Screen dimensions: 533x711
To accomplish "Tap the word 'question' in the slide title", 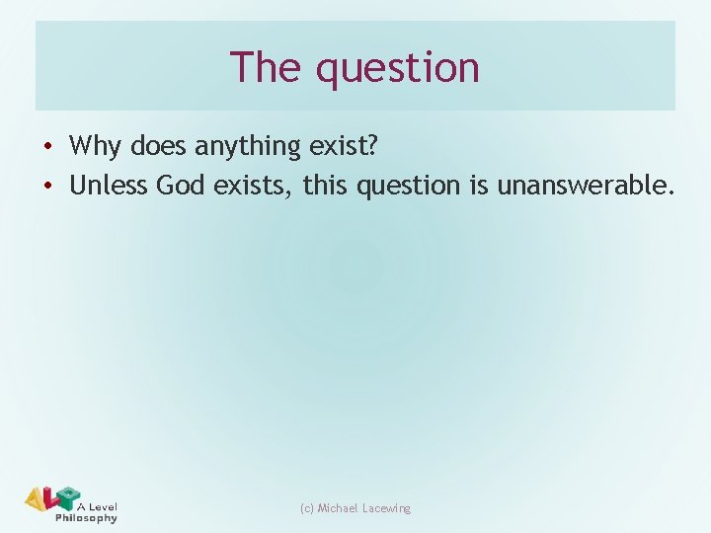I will pos(397,69).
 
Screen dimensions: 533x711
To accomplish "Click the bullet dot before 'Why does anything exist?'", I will pos(47,147).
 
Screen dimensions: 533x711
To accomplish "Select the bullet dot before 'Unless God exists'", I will pos(47,186).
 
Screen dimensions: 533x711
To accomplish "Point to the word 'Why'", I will pos(95,146).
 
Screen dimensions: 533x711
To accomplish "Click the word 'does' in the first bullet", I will pos(157,146).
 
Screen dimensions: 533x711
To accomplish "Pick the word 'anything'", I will pos(247,146).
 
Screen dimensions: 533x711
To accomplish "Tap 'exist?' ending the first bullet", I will pos(343,146).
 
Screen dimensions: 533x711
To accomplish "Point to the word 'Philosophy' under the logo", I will pos(86,518).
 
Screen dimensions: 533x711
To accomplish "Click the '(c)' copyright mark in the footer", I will pos(306,508).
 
